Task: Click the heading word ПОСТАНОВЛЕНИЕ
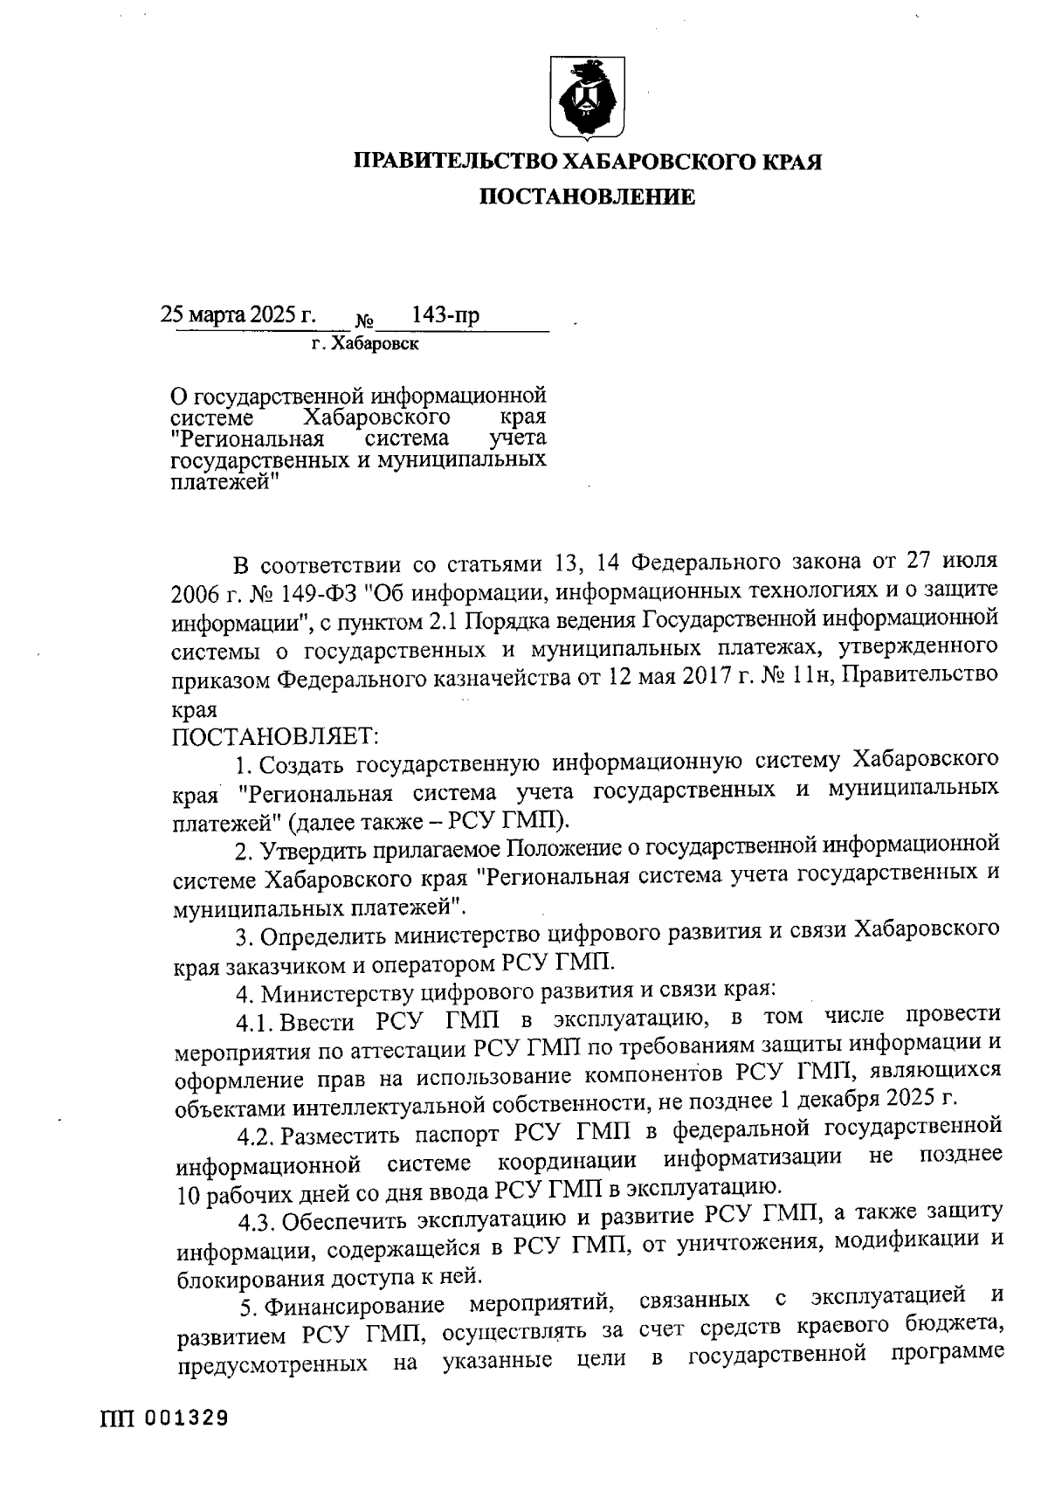[x=586, y=197]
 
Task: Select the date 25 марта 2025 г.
[x=238, y=314]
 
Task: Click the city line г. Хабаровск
[x=365, y=344]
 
